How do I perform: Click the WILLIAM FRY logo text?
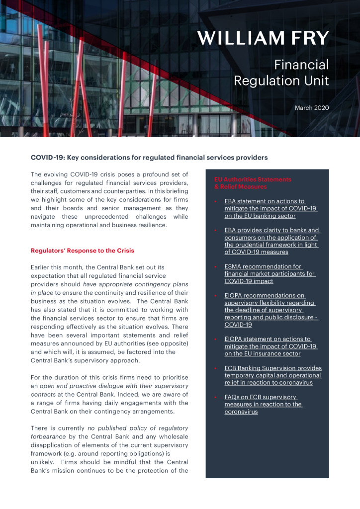tap(263, 37)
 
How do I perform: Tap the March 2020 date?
tap(312, 107)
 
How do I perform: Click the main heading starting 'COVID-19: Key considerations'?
tap(149, 158)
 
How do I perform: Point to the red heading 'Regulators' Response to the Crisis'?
tap(83, 250)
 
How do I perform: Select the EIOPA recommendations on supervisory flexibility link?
tap(271, 310)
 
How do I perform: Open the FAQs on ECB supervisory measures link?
tap(264, 404)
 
